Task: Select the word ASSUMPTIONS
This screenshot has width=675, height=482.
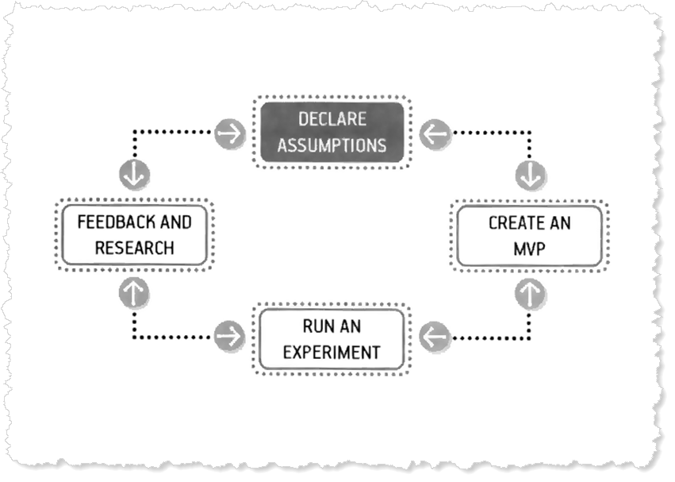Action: tap(332, 145)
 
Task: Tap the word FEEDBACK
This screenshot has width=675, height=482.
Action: tap(110, 222)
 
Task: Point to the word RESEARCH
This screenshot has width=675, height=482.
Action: tap(134, 248)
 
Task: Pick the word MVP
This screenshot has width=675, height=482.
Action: tap(529, 249)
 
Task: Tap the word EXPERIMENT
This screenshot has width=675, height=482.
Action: tap(332, 352)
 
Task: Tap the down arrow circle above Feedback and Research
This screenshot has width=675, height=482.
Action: tap(134, 175)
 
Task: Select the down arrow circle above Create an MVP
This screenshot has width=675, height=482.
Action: tap(529, 175)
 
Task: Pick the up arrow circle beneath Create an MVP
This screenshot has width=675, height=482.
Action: tap(529, 293)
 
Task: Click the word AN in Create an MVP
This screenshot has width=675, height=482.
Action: tap(558, 222)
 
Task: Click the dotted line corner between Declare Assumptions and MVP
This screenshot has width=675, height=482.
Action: tap(529, 133)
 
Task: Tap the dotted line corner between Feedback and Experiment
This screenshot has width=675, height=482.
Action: tap(134, 337)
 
